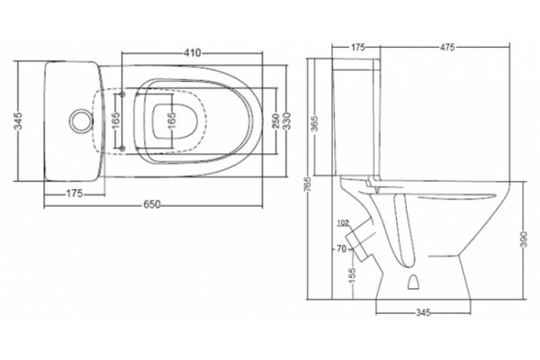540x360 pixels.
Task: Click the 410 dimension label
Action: click(x=193, y=53)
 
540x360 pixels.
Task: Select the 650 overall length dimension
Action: click(x=152, y=204)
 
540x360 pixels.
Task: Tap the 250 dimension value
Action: click(x=276, y=121)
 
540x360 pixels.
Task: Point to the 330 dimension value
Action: click(x=287, y=121)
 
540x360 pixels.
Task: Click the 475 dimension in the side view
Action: click(x=447, y=47)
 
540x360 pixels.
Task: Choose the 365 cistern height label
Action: click(x=314, y=124)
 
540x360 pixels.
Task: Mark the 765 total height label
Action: click(x=308, y=184)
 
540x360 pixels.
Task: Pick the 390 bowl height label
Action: click(x=524, y=239)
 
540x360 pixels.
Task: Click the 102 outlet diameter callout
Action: click(x=343, y=223)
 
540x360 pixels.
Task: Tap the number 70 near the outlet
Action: click(x=341, y=248)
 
